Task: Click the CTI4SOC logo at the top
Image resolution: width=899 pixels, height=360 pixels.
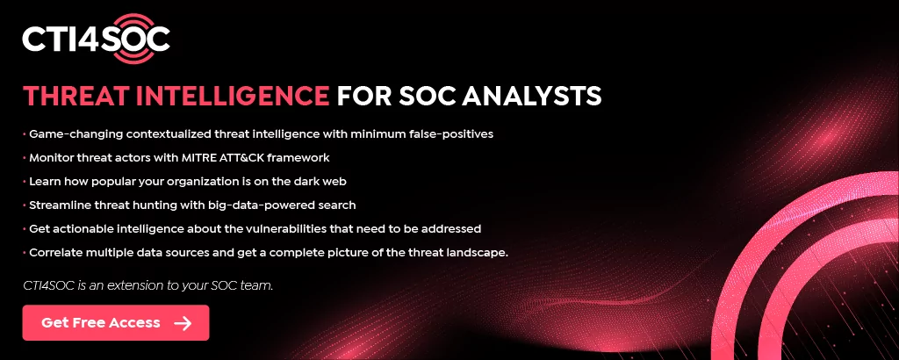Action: pyautogui.click(x=97, y=40)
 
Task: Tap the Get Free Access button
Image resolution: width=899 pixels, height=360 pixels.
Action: pyautogui.click(x=116, y=323)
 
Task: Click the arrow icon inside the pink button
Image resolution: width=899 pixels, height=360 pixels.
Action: pyautogui.click(x=183, y=323)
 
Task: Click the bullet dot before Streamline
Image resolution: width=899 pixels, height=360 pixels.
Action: pyautogui.click(x=24, y=205)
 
